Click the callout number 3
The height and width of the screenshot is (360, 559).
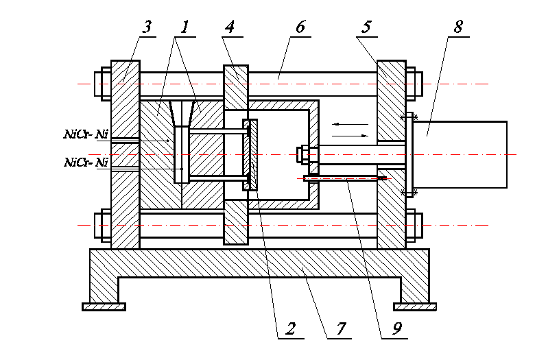click(147, 28)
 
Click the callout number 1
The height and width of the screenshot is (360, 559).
click(185, 28)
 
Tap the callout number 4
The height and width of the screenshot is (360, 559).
click(229, 28)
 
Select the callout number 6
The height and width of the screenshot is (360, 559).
click(300, 28)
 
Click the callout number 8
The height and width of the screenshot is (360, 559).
click(459, 28)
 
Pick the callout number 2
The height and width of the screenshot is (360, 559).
click(290, 329)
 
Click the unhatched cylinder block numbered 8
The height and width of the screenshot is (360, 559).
click(460, 154)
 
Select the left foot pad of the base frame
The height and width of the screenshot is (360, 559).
click(104, 307)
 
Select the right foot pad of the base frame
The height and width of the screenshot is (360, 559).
click(414, 307)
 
